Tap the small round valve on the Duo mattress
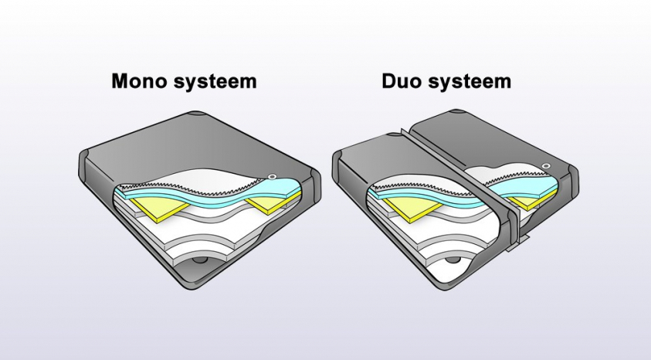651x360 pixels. click(x=546, y=166)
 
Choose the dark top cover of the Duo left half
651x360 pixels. click(x=378, y=155)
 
